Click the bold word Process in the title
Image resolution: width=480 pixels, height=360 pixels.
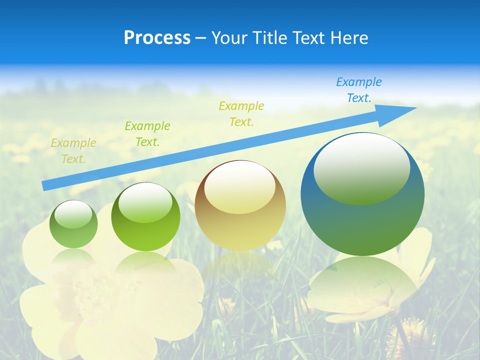pos(157,38)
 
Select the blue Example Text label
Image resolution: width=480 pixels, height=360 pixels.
pos(358,90)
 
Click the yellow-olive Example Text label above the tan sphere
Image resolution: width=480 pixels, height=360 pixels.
pos(241,113)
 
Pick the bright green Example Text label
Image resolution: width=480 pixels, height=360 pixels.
pos(147,133)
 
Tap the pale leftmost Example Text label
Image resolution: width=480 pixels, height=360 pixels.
pos(73,150)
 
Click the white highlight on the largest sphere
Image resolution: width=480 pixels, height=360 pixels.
pos(361,167)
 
